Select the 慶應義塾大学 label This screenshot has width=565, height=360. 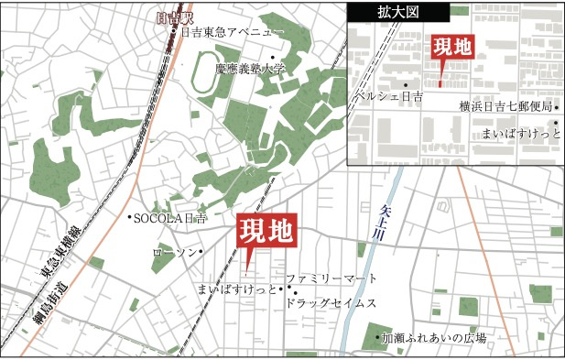click(251, 68)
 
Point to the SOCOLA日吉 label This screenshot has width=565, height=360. click(170, 218)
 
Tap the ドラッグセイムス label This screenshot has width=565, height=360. click(329, 302)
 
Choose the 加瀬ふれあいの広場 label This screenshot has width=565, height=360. click(433, 338)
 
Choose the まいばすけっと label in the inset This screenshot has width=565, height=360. click(518, 134)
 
